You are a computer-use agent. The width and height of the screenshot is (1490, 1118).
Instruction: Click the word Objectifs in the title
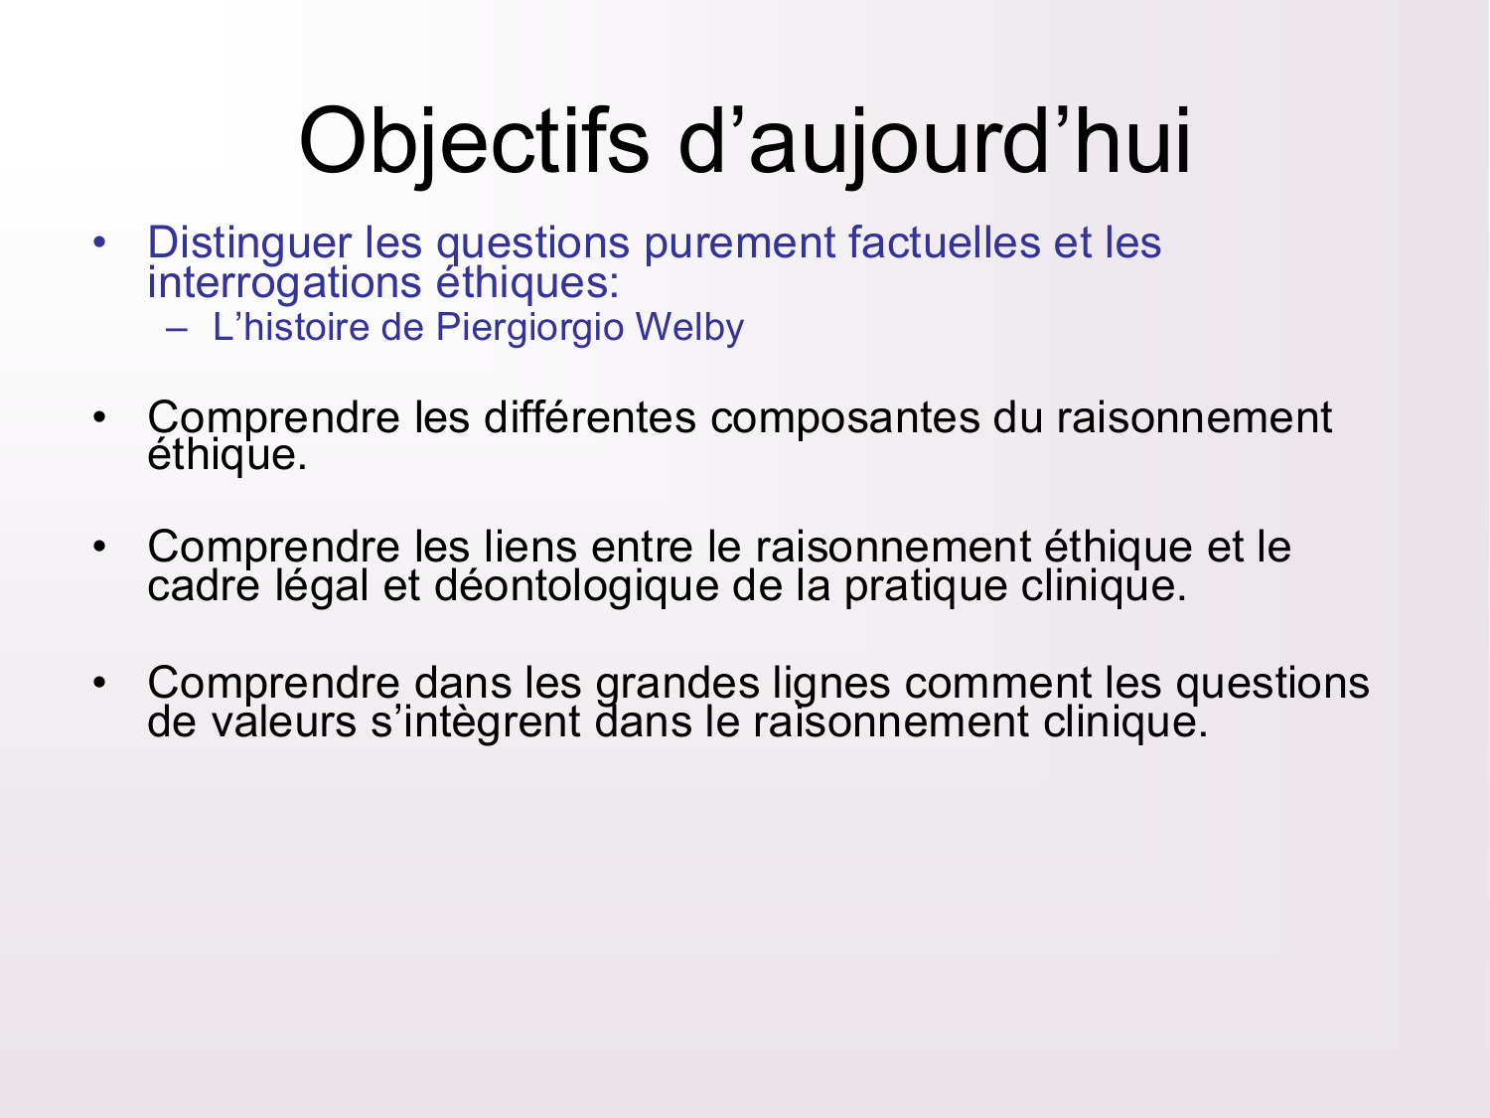[474, 140]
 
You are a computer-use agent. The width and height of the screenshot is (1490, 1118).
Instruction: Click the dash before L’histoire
[178, 329]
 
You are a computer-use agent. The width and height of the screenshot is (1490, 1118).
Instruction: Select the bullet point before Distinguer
[98, 242]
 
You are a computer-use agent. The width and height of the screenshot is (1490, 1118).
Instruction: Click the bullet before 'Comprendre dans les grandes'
[98, 684]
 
